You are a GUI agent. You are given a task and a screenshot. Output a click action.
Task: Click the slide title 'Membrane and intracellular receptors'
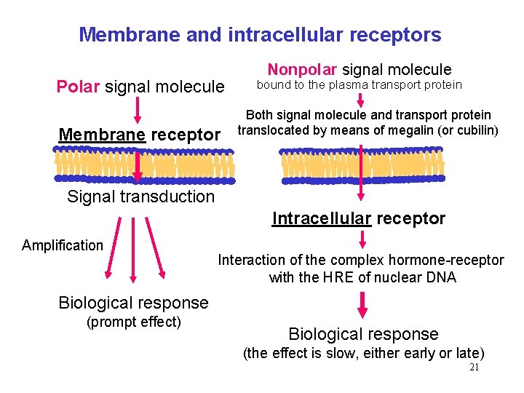pos(260,34)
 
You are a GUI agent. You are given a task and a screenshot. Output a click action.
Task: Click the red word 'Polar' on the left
pos(78,87)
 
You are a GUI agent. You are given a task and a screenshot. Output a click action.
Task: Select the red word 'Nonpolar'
pos(301,70)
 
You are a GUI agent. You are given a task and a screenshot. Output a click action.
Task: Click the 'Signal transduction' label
pos(140,196)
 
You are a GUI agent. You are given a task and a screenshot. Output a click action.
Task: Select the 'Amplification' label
pos(63,245)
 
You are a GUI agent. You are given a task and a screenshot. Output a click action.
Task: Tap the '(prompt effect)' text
pos(133,322)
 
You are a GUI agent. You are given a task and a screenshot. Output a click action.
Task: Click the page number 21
pos(474,368)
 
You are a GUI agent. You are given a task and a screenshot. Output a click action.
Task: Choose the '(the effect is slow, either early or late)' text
pos(363,354)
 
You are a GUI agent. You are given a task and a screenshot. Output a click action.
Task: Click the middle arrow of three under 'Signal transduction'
pos(132,251)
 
